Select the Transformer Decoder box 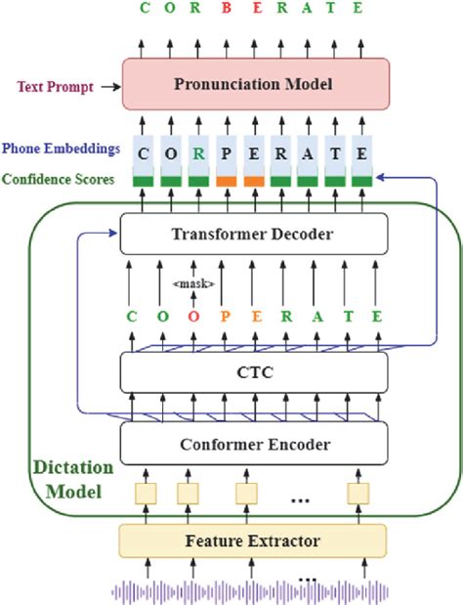coord(255,233)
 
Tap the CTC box coord(255,372)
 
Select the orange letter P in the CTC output coord(227,316)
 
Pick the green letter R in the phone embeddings coord(198,152)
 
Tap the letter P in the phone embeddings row coord(227,152)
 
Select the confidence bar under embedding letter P coord(227,180)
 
